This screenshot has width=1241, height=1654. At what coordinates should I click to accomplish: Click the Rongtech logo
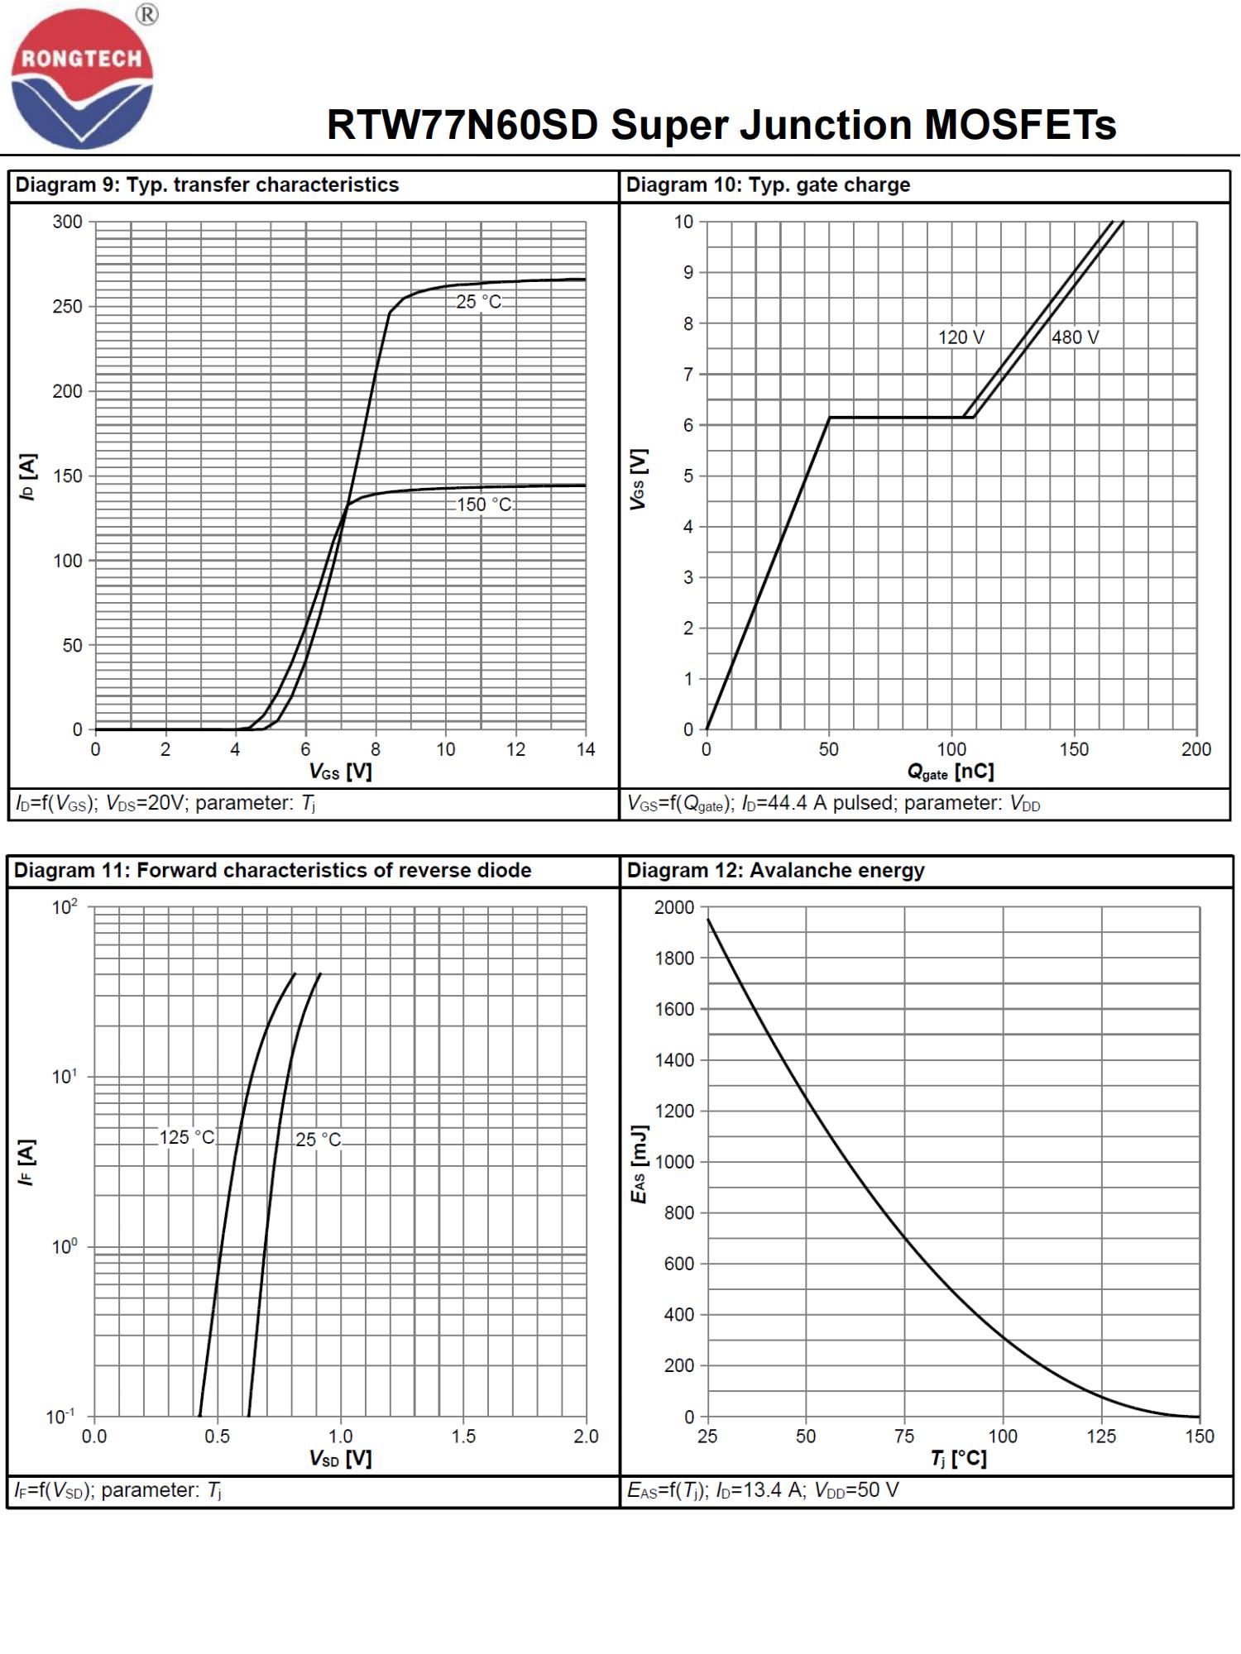coord(81,79)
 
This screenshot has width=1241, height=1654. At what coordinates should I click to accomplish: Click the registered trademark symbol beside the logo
coord(147,14)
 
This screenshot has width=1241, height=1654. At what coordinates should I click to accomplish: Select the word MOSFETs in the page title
coord(1020,125)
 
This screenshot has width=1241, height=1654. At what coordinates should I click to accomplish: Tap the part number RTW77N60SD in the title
coord(462,125)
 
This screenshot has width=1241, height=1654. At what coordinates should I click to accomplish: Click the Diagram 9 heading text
coord(207,184)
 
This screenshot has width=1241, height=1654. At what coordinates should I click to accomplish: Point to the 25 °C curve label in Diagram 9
coord(479,302)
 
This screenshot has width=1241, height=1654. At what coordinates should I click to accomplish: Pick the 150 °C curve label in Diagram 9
coord(484,504)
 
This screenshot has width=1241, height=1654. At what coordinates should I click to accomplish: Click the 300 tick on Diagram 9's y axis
coord(68,222)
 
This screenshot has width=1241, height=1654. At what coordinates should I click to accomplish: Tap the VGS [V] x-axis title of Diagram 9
coord(340,772)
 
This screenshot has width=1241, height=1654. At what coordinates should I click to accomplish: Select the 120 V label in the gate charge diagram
coord(961,337)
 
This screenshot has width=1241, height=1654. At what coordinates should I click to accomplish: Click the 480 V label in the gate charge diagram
coord(1075,337)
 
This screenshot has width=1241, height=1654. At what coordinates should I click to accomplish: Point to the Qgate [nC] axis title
coord(951,772)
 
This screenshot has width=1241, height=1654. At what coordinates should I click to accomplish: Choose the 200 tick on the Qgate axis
coord(1196,749)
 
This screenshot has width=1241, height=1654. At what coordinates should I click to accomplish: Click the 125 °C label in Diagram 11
coord(187,1138)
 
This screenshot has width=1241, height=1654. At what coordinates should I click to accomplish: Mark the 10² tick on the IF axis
coord(65,907)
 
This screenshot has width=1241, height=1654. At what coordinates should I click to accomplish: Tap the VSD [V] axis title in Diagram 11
coord(340,1458)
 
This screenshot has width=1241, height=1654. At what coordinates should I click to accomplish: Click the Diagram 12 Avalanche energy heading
coord(775,870)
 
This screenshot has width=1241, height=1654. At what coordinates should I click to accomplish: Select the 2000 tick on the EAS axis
coord(674,907)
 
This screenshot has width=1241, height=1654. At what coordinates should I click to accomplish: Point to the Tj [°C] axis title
coord(958,1458)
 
